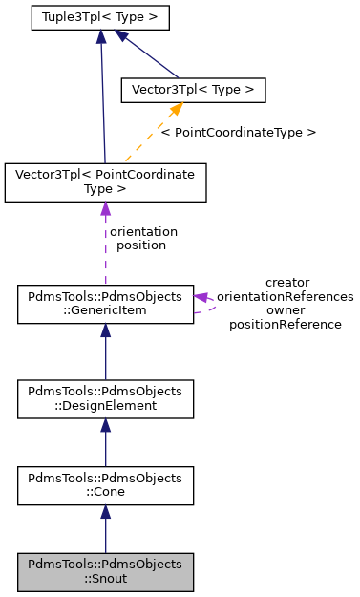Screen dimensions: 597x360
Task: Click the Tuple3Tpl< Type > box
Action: point(99,17)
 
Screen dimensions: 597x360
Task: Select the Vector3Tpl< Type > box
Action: point(192,90)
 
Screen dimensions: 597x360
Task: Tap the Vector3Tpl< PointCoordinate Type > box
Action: point(105,182)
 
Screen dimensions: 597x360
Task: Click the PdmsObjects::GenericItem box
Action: point(105,304)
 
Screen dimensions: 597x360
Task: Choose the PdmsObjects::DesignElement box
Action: point(105,399)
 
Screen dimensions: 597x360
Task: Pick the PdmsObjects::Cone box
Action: point(105,485)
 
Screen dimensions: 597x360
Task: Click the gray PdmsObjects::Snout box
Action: point(105,571)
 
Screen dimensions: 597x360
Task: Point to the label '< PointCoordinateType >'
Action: point(238,132)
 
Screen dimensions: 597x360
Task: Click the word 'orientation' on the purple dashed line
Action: point(143,231)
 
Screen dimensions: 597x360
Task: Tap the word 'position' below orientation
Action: point(141,245)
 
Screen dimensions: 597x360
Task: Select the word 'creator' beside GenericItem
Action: point(286,283)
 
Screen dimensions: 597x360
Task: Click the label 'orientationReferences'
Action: point(286,296)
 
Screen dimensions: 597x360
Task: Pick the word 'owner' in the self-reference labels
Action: point(286,310)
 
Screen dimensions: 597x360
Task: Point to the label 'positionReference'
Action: point(286,324)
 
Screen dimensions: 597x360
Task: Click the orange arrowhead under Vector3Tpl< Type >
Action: point(175,111)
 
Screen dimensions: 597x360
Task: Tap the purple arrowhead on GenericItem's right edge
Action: point(201,297)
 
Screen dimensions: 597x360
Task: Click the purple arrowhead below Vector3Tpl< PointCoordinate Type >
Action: point(105,210)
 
